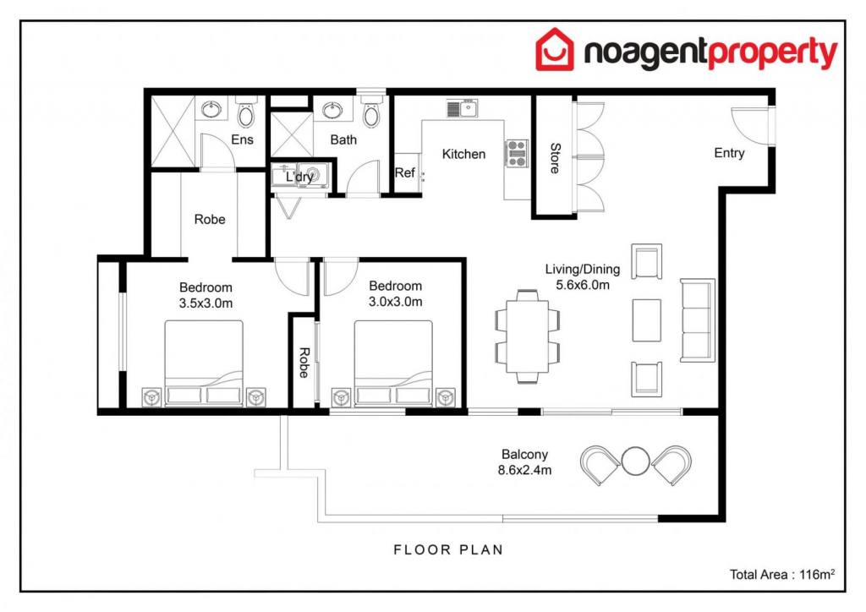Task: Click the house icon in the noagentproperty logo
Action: coord(555,50)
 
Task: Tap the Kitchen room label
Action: coord(464,154)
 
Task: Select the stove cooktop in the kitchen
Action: coord(517,153)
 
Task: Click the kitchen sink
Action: coord(463,108)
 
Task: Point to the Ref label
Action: coord(405,172)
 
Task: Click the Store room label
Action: coord(555,158)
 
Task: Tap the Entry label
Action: coord(729,153)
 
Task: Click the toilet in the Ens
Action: coord(246,112)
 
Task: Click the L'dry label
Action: coord(299,178)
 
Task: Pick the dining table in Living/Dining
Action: coord(528,336)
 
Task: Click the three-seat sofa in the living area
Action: coord(698,320)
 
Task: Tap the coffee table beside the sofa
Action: coord(647,320)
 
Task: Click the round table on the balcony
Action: coord(635,461)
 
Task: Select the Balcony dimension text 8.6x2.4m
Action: coord(524,470)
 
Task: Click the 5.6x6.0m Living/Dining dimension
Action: coord(583,285)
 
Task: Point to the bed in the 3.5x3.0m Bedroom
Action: coord(204,363)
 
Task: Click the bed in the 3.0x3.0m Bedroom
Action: coord(393,363)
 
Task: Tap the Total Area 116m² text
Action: coord(782,575)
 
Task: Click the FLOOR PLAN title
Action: coord(448,549)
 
